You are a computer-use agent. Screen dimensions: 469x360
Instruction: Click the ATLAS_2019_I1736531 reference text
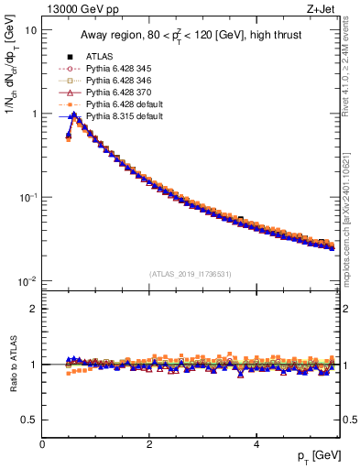click(190, 274)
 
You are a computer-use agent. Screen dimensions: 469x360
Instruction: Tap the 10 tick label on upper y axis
click(30, 30)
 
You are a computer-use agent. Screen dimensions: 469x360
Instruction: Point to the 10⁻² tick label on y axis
click(27, 281)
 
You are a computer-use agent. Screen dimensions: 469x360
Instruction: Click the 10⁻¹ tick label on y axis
click(27, 198)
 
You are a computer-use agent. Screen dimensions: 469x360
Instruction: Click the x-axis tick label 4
click(256, 446)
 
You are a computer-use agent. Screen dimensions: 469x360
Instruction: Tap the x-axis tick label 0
click(42, 446)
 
